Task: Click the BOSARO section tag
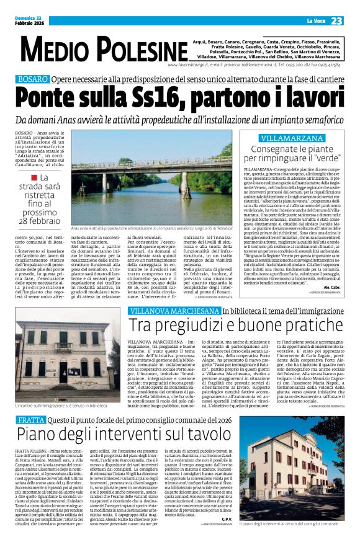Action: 32,79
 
